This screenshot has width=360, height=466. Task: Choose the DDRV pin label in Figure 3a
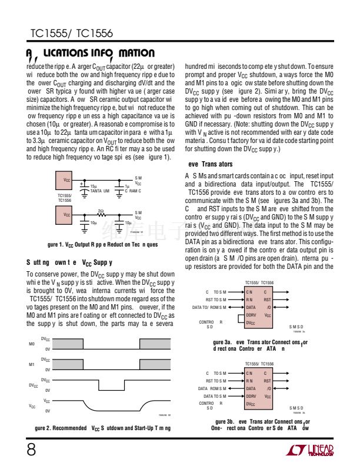tap(252, 316)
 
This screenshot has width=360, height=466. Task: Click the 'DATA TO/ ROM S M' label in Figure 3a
tap(209, 307)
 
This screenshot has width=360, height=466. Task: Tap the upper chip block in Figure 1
tap(66, 179)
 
